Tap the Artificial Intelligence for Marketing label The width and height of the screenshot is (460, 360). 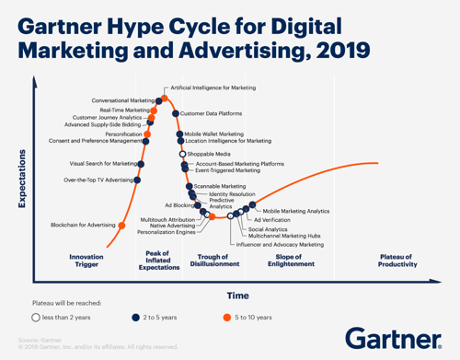(213, 89)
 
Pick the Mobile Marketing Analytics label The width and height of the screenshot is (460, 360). (296, 211)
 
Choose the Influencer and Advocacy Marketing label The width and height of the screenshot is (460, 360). (281, 245)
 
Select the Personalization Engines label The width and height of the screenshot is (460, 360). (168, 232)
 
